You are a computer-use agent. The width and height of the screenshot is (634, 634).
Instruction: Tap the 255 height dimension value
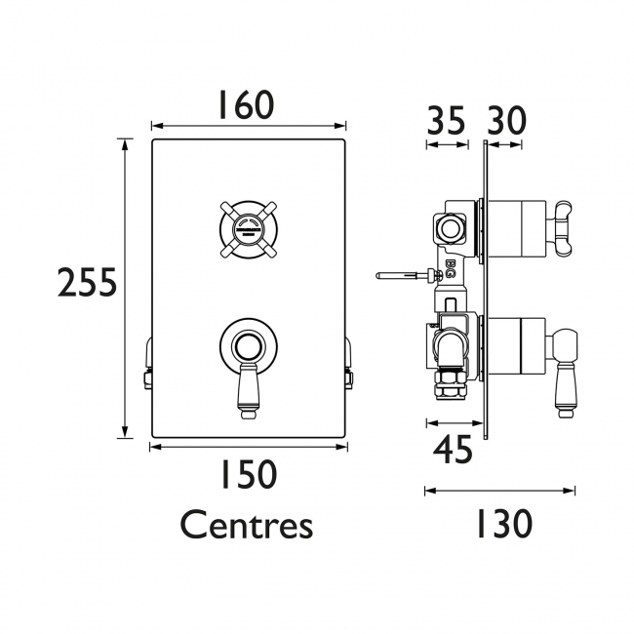click(x=87, y=284)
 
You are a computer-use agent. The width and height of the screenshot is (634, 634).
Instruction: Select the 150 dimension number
click(x=246, y=475)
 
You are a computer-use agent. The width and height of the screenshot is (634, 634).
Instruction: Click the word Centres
click(x=246, y=526)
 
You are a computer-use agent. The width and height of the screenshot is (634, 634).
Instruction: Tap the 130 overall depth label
click(x=503, y=524)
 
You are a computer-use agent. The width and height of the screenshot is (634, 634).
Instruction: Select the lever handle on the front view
click(x=249, y=390)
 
